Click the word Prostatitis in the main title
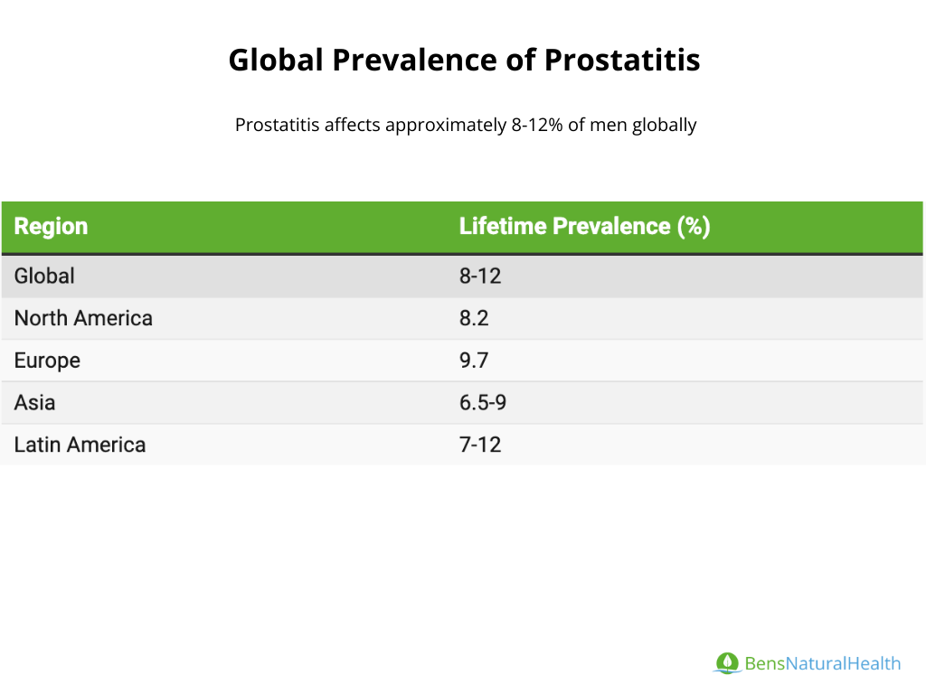pyautogui.click(x=622, y=61)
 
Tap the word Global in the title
pyautogui.click(x=276, y=61)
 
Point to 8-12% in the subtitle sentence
pyautogui.click(x=537, y=125)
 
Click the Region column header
pyautogui.click(x=51, y=227)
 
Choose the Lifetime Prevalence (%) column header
pyautogui.click(x=585, y=227)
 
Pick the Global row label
pyautogui.click(x=44, y=277)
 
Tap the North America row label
pyautogui.click(x=83, y=319)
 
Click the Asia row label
pyautogui.click(x=35, y=403)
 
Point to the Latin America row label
pyautogui.click(x=80, y=445)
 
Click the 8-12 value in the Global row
pyautogui.click(x=480, y=277)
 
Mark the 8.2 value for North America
pyautogui.click(x=474, y=319)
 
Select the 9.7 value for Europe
pyautogui.click(x=474, y=361)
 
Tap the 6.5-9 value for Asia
pyautogui.click(x=483, y=403)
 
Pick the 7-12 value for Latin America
pyautogui.click(x=480, y=445)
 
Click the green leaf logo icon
pyautogui.click(x=727, y=663)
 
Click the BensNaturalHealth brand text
pyautogui.click(x=823, y=664)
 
